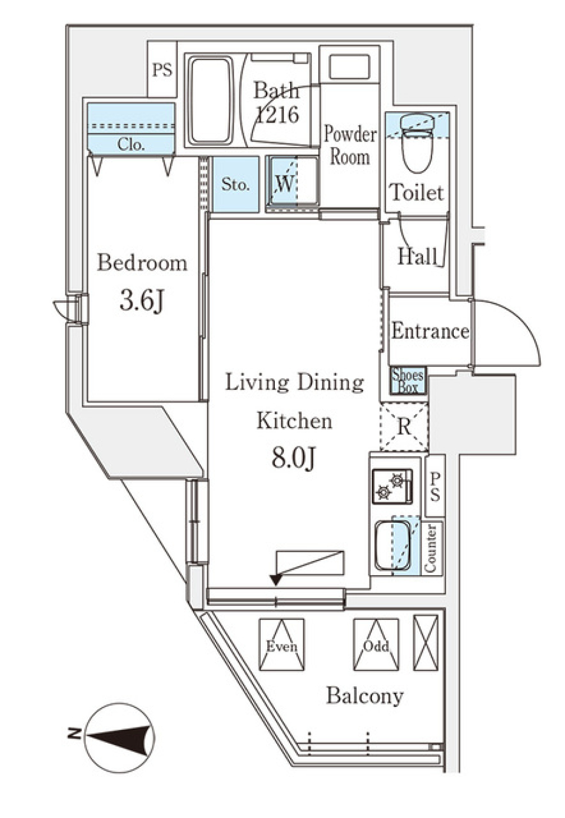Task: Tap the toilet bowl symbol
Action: click(x=417, y=145)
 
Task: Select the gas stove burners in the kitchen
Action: click(x=391, y=486)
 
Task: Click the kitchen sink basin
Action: click(x=393, y=545)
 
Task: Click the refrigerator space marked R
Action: click(x=404, y=426)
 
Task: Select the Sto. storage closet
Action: click(x=235, y=185)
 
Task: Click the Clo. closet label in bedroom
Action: click(x=131, y=144)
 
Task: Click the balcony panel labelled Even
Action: click(x=281, y=646)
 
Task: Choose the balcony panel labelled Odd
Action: click(x=376, y=646)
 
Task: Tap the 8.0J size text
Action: click(x=294, y=458)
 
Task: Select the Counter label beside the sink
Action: click(x=431, y=548)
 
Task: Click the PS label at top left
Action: click(x=162, y=70)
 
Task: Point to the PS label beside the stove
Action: click(x=434, y=486)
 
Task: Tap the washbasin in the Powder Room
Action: click(x=349, y=67)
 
